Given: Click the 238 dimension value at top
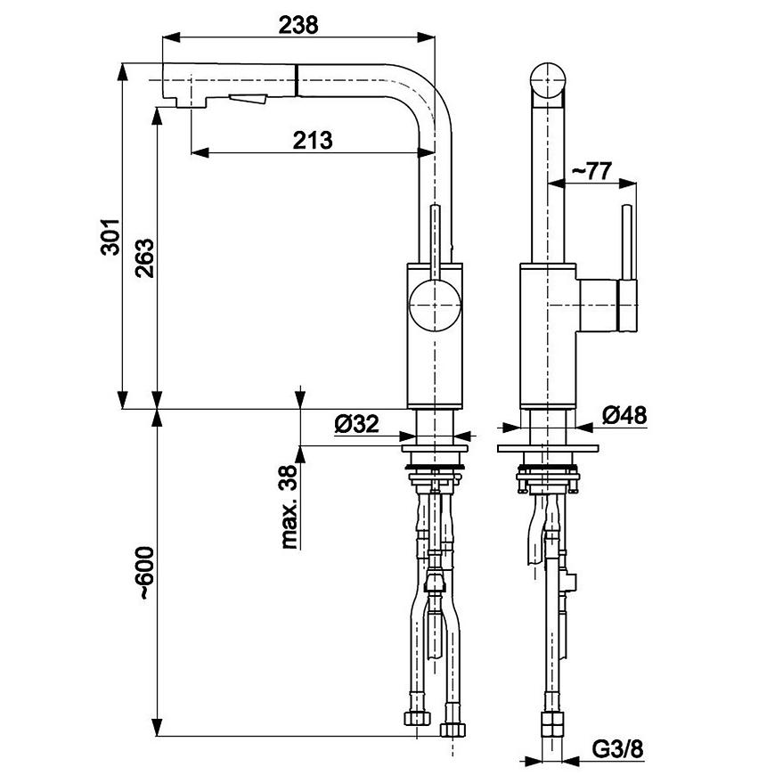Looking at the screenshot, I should [298, 25].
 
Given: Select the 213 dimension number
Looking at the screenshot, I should [313, 140].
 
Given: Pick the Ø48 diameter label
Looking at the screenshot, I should [624, 415].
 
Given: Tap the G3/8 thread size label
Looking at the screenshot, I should [620, 750].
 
